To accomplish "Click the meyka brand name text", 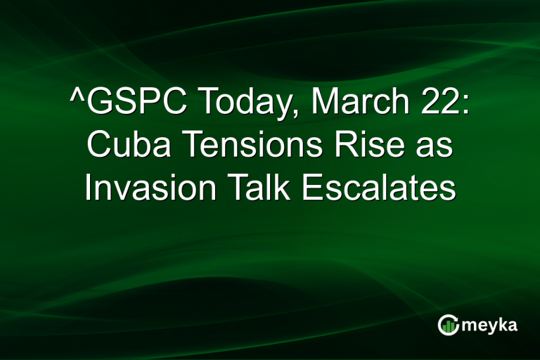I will pyautogui.click(x=489, y=325).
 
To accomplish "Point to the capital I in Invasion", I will pyautogui.click(x=89, y=188).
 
